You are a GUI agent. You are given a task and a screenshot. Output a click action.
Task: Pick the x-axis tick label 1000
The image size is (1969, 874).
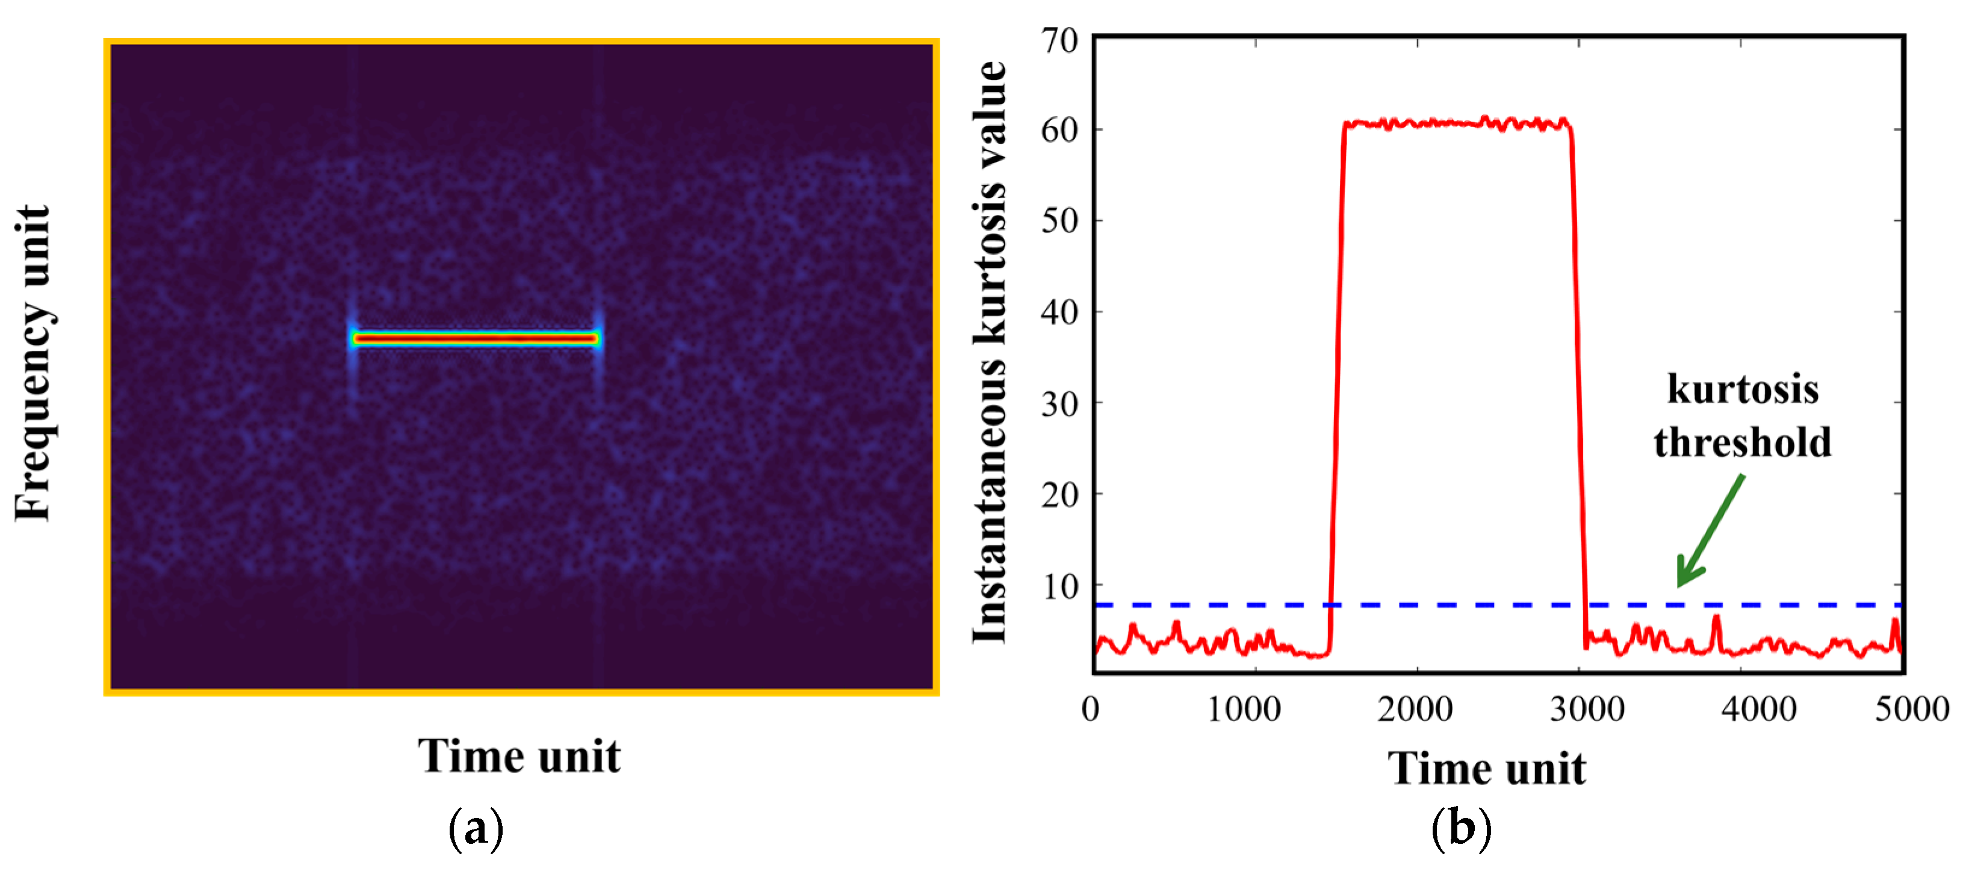tap(1244, 709)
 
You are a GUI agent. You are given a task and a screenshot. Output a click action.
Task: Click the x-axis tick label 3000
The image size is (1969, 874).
tap(1587, 709)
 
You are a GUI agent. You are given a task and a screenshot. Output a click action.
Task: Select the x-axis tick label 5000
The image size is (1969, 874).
tap(1911, 709)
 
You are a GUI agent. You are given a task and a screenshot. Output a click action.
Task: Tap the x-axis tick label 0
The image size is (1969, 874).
tap(1091, 709)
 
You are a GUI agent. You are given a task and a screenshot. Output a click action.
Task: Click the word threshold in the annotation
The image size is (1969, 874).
tap(1742, 442)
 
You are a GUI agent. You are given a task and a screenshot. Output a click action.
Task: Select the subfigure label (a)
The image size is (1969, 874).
tap(476, 829)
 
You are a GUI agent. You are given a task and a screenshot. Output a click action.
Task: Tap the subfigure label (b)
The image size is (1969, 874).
tap(1461, 829)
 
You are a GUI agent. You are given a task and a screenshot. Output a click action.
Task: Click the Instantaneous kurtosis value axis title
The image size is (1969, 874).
tap(990, 352)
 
